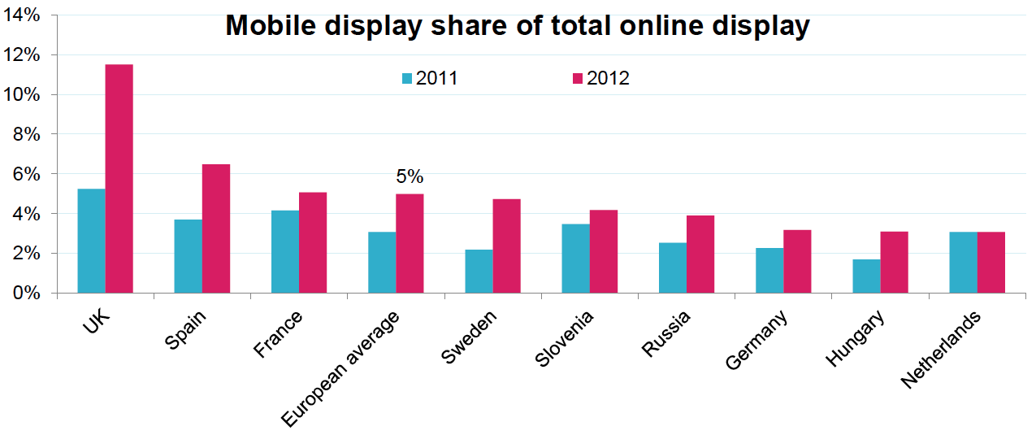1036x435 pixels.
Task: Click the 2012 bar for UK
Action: click(x=119, y=179)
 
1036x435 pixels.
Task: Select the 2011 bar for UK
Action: click(x=91, y=241)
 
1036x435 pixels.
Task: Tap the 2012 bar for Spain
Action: click(x=216, y=228)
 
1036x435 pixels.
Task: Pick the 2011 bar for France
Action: click(x=285, y=251)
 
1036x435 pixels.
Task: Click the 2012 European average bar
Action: click(x=410, y=243)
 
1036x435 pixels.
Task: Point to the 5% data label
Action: click(x=410, y=176)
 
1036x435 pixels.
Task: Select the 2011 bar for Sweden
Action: click(x=479, y=271)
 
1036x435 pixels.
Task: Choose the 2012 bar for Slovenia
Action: click(x=604, y=251)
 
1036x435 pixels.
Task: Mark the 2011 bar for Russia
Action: click(x=673, y=268)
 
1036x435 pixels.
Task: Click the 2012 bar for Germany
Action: click(x=797, y=261)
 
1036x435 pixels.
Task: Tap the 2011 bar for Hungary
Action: click(x=866, y=276)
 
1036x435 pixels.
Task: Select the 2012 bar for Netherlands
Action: click(x=991, y=262)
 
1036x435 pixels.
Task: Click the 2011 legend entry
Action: click(x=431, y=78)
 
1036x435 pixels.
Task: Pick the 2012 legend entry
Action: click(x=601, y=78)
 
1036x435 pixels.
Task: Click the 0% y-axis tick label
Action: click(x=29, y=293)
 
